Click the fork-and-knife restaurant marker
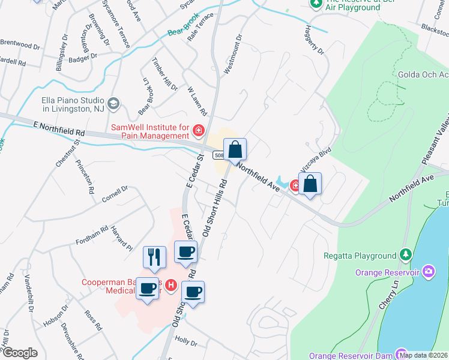(154, 257)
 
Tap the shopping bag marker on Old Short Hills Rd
(235, 149)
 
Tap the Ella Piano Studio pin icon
(113, 103)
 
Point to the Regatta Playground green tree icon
(406, 256)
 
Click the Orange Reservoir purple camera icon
(428, 272)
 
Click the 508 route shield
(219, 156)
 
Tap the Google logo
(20, 352)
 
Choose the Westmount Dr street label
(233, 54)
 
